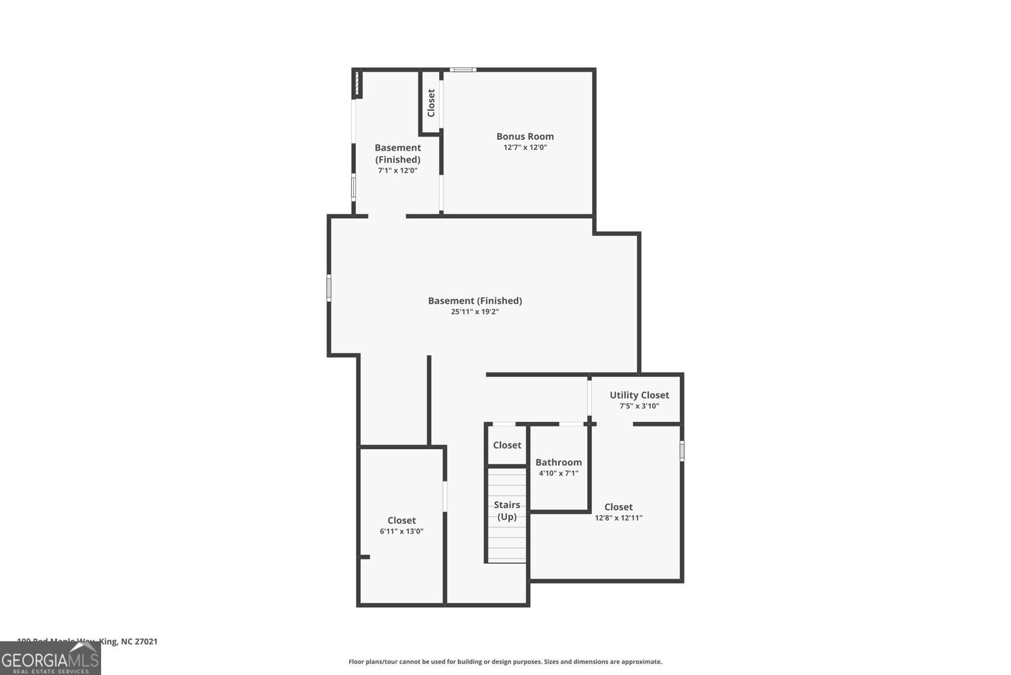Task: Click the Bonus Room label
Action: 524,136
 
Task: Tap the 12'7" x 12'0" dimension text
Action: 524,147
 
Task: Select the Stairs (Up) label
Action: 507,511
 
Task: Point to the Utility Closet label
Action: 639,395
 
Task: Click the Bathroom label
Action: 559,462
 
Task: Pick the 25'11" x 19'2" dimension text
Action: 475,312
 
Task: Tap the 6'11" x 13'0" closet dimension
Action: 401,531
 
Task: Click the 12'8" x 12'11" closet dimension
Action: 618,517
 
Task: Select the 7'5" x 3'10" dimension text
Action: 639,406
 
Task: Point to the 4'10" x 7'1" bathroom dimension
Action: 559,473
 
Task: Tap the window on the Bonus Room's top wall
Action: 463,70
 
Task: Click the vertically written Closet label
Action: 431,102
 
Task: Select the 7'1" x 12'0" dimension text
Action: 397,170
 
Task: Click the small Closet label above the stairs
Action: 507,445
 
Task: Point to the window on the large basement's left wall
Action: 329,287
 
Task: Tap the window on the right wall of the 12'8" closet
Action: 682,450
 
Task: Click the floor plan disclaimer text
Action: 505,662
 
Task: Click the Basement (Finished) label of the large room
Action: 475,300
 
